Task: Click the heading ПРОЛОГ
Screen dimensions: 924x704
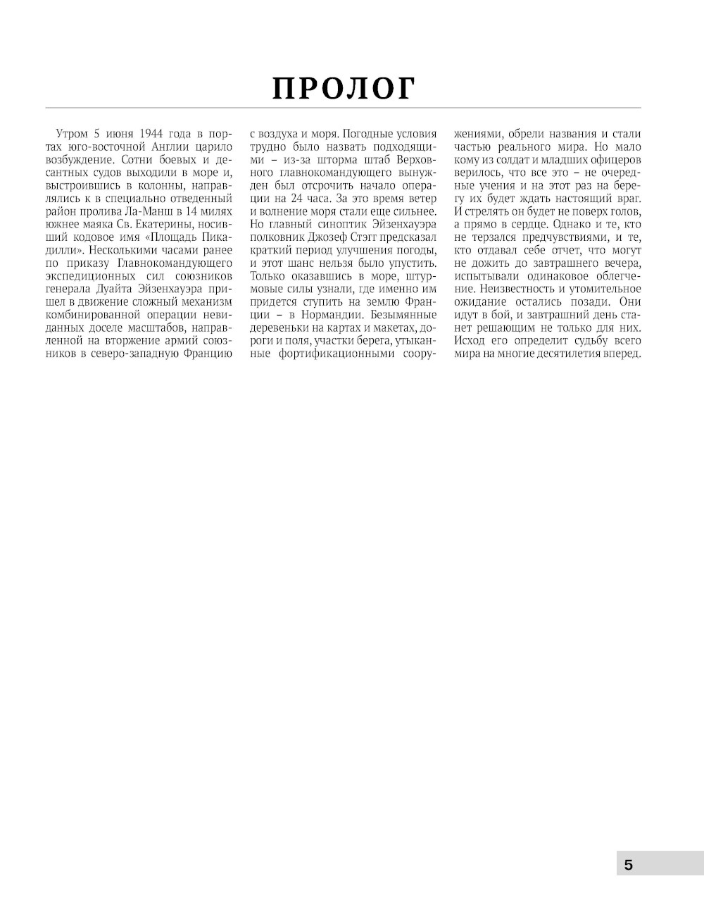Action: (344, 89)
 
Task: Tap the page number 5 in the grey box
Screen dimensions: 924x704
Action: (628, 865)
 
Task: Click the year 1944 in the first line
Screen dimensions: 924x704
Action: (152, 134)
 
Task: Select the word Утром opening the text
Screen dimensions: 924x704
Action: (68, 134)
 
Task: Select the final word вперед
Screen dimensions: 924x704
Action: (622, 354)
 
